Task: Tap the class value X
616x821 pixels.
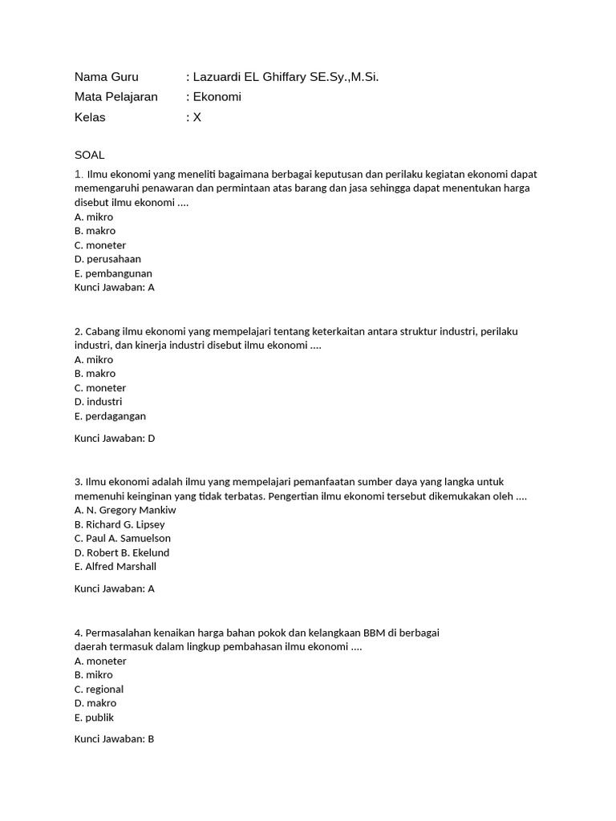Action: (197, 117)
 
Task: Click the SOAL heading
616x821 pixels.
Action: (89, 155)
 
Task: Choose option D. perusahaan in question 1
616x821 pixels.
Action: (107, 259)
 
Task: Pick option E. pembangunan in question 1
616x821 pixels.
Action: (113, 273)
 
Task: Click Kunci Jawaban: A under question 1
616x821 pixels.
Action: (114, 287)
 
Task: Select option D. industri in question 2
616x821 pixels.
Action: (98, 402)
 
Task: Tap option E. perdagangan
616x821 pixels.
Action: (110, 416)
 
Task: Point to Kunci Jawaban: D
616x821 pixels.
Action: (114, 439)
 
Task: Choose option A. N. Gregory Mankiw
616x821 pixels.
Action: (125, 510)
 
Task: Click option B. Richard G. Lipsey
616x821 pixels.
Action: (120, 524)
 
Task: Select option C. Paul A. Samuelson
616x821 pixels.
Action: (122, 538)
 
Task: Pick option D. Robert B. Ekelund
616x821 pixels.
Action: (121, 552)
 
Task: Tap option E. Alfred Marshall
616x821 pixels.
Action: (115, 566)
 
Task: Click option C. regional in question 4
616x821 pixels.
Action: (99, 690)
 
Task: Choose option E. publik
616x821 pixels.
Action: (94, 718)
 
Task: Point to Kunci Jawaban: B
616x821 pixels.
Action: (114, 738)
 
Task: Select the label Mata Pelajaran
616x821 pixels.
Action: (116, 97)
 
